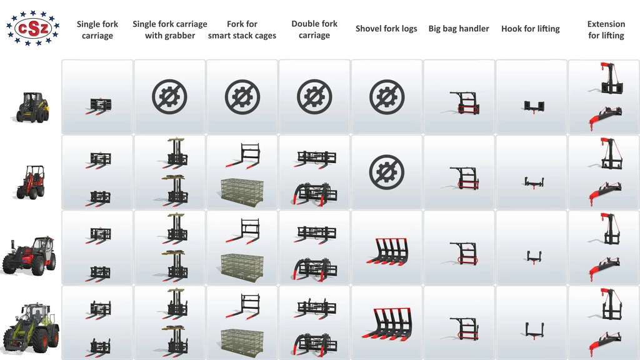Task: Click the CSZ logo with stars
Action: point(32,28)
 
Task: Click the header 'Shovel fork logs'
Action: point(386,29)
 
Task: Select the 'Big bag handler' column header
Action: point(458,29)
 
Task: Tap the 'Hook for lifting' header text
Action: point(530,29)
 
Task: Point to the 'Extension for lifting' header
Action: point(606,30)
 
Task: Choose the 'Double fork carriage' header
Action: point(314,29)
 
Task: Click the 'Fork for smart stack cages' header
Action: point(242,30)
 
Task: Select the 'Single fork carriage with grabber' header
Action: point(170,30)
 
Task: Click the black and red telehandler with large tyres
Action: point(29,255)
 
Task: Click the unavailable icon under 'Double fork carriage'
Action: point(314,97)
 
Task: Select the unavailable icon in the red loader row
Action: point(386,172)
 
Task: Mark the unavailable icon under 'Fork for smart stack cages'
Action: point(242,97)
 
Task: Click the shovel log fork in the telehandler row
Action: point(387,251)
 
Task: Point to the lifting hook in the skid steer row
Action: point(534,107)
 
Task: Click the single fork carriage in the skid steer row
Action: point(98,106)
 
